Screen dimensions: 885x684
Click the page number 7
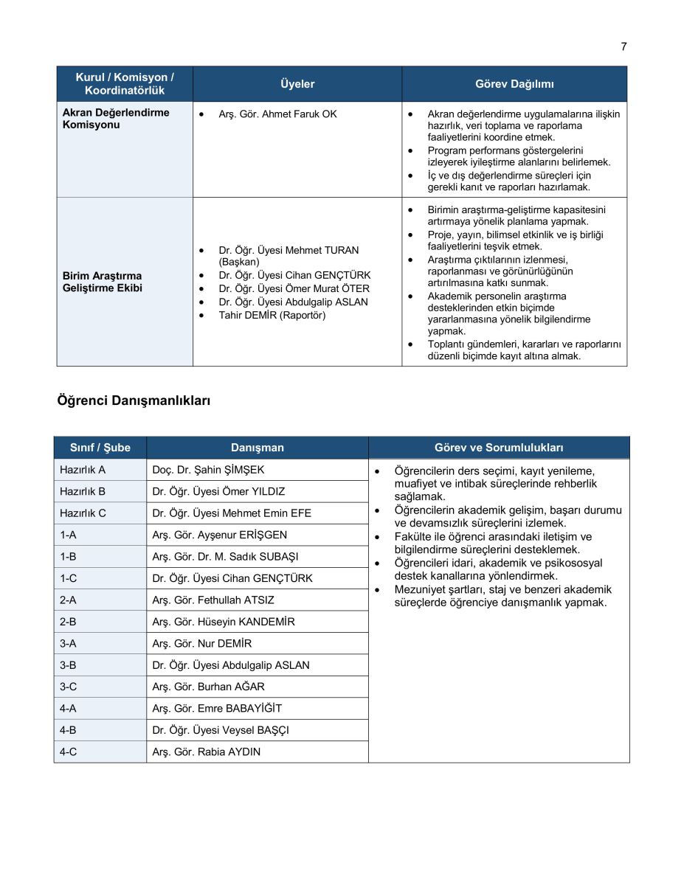coord(623,46)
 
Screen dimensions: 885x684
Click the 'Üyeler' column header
coord(297,84)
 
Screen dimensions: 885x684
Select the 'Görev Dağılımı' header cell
coord(514,84)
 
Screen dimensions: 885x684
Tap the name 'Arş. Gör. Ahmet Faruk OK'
coord(277,114)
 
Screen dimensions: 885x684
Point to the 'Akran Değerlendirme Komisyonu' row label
coord(116,119)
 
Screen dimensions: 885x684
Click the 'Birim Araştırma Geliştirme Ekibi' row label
coord(103,282)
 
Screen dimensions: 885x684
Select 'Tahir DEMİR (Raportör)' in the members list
coord(272,315)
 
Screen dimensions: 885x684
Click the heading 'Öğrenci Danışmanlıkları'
coord(134,400)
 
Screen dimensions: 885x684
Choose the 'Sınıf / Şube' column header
coord(100,448)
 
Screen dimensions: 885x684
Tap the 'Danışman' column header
coord(257,448)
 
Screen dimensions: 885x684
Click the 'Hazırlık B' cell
coord(83,491)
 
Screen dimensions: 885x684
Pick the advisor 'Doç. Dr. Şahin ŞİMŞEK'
coord(208,470)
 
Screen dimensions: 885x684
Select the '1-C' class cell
coord(69,578)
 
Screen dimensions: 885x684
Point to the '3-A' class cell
coord(69,643)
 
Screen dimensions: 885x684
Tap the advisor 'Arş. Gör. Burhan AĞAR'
coord(208,687)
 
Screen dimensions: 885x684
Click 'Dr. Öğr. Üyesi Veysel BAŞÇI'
coord(221,730)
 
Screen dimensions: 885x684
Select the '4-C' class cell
coord(69,752)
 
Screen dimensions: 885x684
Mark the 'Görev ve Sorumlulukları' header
coord(499,448)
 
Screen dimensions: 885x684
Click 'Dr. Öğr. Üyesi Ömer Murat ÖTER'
coord(294,288)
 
